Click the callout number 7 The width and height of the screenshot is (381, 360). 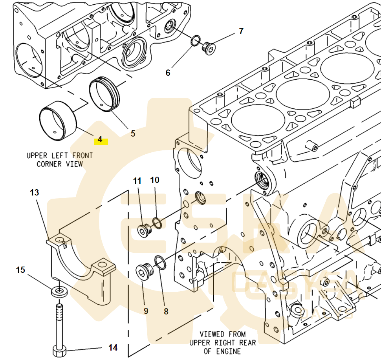(241, 31)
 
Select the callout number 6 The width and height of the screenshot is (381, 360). (168, 73)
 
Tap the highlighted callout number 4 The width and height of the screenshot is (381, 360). (100, 139)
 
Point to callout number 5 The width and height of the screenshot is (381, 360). (133, 133)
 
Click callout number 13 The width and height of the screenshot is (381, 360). (35, 192)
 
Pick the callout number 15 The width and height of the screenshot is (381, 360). (20, 270)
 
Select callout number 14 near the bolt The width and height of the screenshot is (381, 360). (113, 347)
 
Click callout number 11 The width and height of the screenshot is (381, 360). (137, 181)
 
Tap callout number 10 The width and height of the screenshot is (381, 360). (155, 180)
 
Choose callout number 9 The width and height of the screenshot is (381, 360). (146, 311)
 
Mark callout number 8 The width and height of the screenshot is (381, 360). (166, 311)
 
